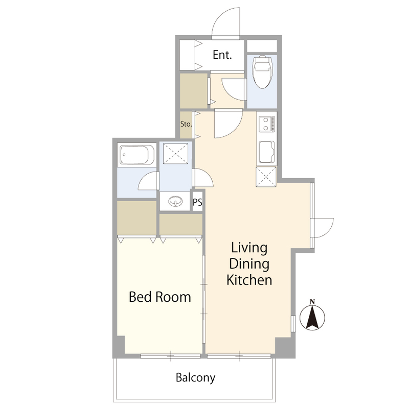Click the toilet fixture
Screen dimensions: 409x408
point(263,71)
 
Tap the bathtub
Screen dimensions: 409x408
point(137,155)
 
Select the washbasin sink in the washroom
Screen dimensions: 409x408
point(175,201)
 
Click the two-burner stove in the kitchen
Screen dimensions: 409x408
point(267,124)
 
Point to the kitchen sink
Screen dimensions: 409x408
point(266,152)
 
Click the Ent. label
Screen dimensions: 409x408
point(222,55)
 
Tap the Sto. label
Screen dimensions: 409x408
point(186,124)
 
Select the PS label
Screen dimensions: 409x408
point(197,202)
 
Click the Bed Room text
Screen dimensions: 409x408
point(160,297)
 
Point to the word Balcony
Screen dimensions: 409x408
point(196,377)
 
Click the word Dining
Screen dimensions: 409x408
point(249,263)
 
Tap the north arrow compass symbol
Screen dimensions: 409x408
point(312,317)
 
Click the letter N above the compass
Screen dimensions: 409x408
point(312,302)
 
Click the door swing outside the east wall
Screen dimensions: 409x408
point(329,232)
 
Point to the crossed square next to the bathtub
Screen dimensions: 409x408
point(175,154)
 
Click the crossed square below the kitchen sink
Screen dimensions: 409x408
point(266,177)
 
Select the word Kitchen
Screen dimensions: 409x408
point(249,280)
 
